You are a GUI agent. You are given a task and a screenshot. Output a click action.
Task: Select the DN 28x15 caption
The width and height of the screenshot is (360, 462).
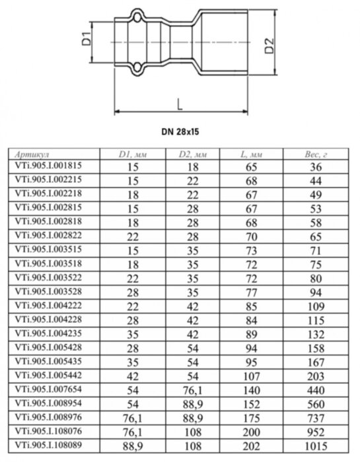point(179,131)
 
